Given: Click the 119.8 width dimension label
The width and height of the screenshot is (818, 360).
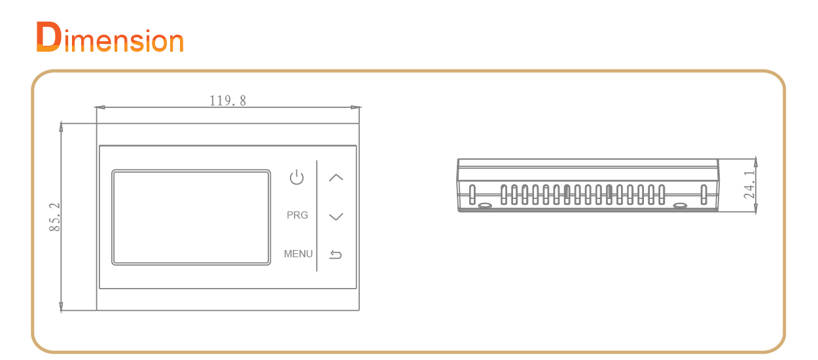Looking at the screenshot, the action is point(228,100).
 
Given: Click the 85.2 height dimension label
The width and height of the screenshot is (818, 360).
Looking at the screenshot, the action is point(54,217).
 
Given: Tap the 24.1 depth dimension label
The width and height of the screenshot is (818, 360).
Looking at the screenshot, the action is point(749,185).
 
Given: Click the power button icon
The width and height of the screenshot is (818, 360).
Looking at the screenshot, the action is point(296,177).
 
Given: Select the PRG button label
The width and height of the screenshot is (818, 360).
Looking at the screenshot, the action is point(297,215).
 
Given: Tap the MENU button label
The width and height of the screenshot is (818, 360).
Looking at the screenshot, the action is point(298,254).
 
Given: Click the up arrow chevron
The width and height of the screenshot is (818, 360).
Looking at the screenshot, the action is point(336,177).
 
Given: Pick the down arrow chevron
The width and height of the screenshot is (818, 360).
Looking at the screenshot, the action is point(336,217).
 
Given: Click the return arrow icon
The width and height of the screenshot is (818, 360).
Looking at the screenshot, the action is point(336,254).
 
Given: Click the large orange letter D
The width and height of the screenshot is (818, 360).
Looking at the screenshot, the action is point(48,37).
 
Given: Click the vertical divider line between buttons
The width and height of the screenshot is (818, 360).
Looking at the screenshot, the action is point(317,216).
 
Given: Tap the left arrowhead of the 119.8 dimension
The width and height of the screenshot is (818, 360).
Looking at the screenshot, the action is point(99,107).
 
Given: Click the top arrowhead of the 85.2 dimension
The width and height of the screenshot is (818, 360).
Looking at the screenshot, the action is point(61,127).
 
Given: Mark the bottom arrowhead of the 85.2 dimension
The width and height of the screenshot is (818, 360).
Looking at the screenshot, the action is point(61,307).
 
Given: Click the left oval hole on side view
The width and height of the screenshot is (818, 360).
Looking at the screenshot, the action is point(485,206).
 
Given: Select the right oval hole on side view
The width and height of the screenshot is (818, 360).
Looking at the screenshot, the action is point(680,206).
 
